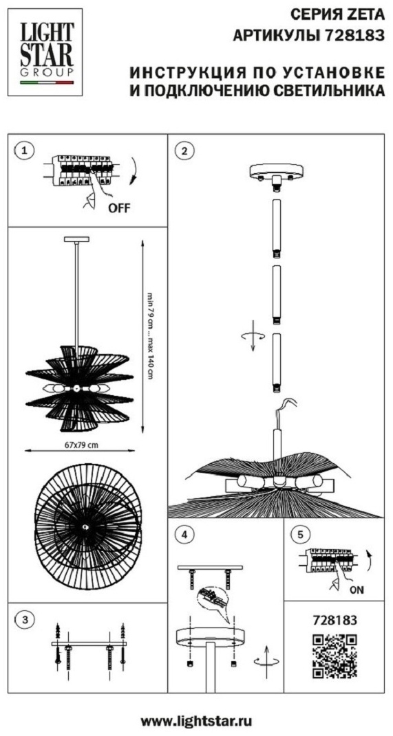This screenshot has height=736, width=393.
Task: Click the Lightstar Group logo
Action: click(45, 52)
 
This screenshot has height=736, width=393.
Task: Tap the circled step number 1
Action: click(25, 150)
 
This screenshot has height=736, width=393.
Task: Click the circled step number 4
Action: click(187, 534)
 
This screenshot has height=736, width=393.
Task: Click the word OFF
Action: click(118, 208)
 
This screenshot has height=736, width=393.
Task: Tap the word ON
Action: click(357, 590)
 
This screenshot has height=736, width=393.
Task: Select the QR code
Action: click(334, 656)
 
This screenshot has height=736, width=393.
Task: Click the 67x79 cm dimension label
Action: click(81, 445)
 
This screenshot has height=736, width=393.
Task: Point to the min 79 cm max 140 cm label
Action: click(150, 336)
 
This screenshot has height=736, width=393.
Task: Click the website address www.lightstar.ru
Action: click(197, 720)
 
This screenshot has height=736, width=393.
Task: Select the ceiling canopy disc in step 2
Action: click(277, 172)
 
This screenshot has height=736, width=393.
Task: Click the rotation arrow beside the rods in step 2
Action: click(253, 334)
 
